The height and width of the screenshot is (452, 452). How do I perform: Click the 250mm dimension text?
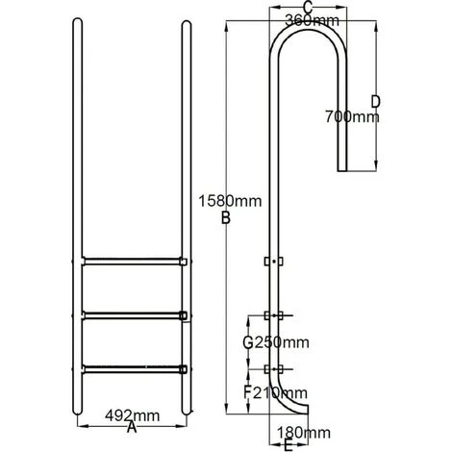(x=280, y=342)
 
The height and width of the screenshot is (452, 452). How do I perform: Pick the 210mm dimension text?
(x=280, y=391)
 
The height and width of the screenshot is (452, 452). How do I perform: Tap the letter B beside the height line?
(x=226, y=219)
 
